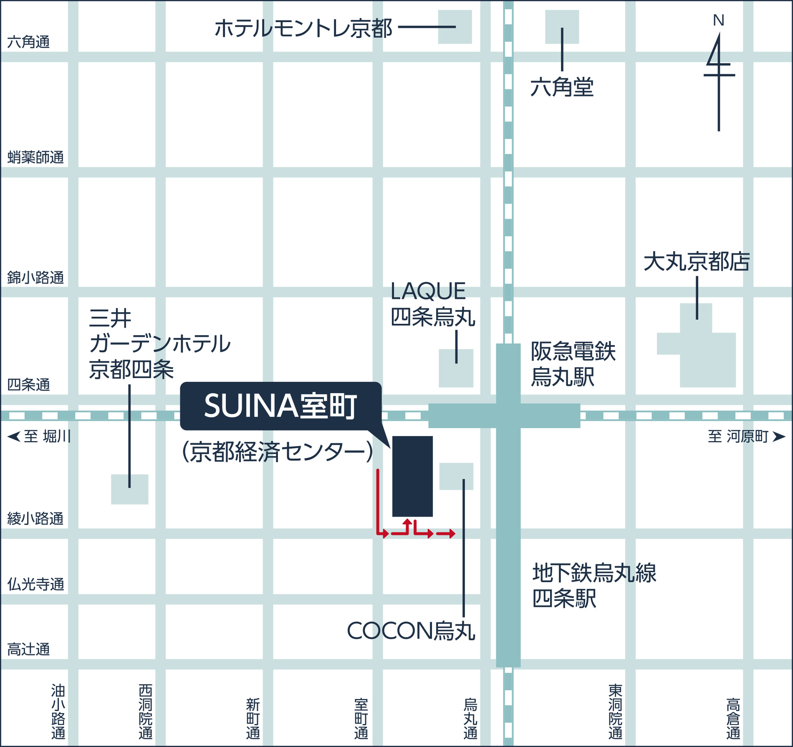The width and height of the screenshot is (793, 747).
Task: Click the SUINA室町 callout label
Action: (280, 406)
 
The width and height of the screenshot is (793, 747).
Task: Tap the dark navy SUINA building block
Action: (412, 476)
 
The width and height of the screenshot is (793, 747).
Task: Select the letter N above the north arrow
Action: (718, 20)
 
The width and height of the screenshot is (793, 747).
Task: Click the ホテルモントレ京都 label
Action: (303, 28)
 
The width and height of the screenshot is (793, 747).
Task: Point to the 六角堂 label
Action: (562, 87)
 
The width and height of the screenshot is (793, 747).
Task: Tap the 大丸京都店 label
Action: (697, 262)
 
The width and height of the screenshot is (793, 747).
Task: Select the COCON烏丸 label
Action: (411, 631)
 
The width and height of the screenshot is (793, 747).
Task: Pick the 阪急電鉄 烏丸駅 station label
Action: (573, 364)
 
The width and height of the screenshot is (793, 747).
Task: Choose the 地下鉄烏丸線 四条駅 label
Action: (594, 585)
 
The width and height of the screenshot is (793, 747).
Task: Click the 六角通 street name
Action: (28, 42)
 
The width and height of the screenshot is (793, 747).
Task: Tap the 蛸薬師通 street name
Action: (35, 157)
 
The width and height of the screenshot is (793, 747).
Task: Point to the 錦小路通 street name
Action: (35, 278)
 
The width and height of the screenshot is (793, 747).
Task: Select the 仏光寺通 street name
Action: (35, 584)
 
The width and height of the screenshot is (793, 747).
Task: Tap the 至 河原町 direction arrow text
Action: (746, 437)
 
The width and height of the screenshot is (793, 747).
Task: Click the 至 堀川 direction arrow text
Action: (40, 437)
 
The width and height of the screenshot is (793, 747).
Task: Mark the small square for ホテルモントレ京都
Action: (455, 27)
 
